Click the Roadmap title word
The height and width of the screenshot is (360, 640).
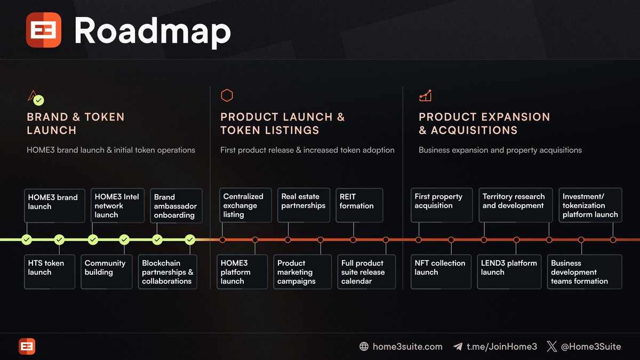[x=152, y=31]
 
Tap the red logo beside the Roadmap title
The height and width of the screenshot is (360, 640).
[x=44, y=30]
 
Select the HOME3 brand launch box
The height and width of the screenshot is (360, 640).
[x=54, y=205]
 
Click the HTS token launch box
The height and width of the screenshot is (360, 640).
[x=50, y=271]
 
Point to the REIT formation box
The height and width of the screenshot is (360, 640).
[x=359, y=205]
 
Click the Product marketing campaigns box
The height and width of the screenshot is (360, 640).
[x=302, y=271]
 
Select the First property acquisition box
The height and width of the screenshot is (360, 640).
[x=441, y=205]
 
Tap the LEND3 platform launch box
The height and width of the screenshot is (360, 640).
[x=509, y=271]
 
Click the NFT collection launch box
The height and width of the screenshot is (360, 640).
[x=441, y=271]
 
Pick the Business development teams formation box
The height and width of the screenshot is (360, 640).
[x=585, y=271]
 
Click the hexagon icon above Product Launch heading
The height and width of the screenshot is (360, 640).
[x=227, y=95]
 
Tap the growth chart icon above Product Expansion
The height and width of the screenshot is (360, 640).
[x=425, y=96]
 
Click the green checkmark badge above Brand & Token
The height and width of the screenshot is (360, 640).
[x=39, y=100]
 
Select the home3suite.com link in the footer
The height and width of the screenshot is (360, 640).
[x=407, y=347]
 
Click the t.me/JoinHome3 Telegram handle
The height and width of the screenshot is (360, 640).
[x=501, y=347]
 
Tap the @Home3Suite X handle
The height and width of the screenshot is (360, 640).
[x=590, y=347]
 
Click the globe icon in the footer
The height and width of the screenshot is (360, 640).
[x=364, y=347]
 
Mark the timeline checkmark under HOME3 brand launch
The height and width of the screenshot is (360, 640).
[x=27, y=240]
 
